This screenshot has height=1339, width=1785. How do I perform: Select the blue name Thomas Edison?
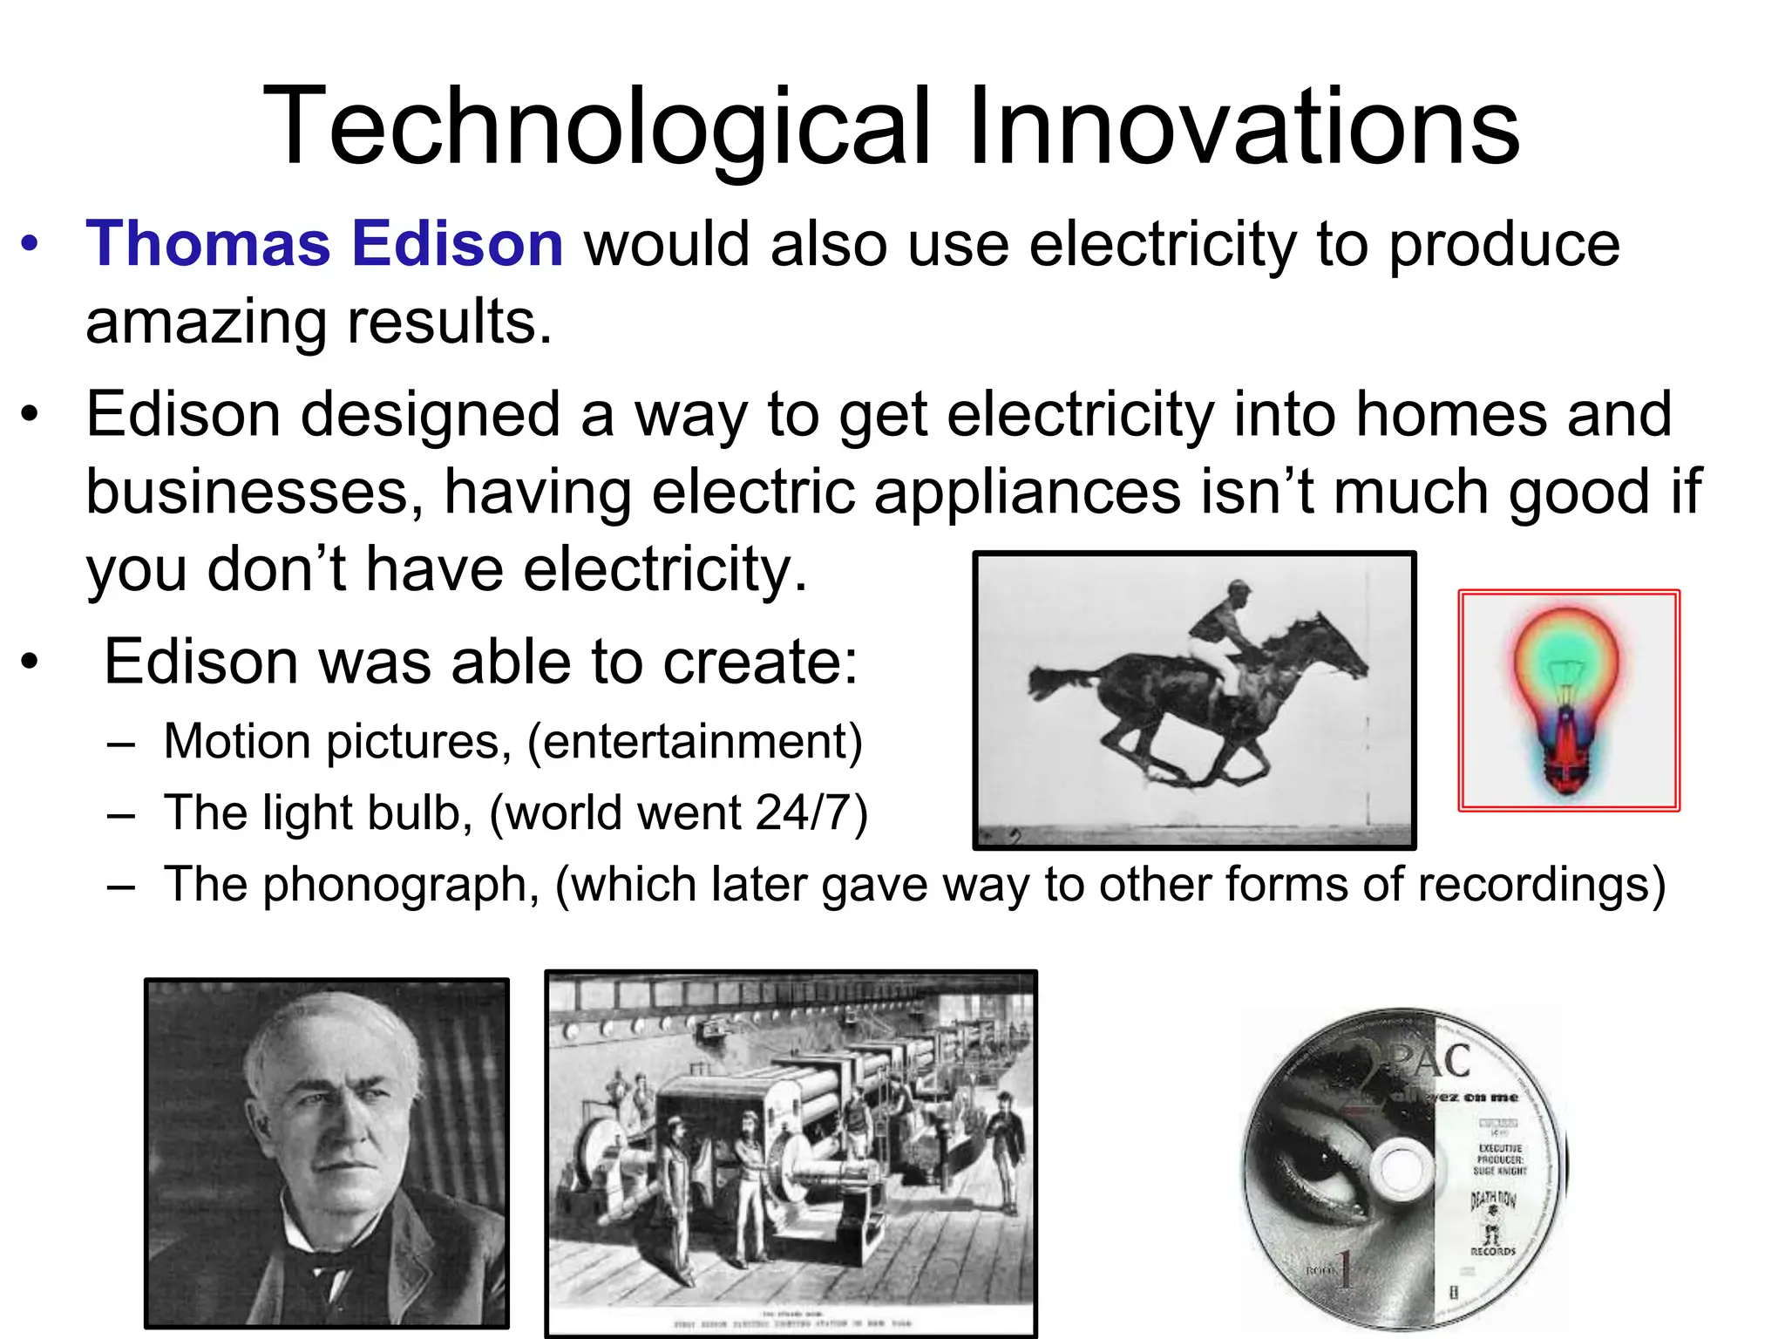[x=324, y=243]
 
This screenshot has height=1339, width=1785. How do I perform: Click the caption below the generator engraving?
[x=791, y=1320]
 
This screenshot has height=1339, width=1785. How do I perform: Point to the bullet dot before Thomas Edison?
[x=31, y=244]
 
